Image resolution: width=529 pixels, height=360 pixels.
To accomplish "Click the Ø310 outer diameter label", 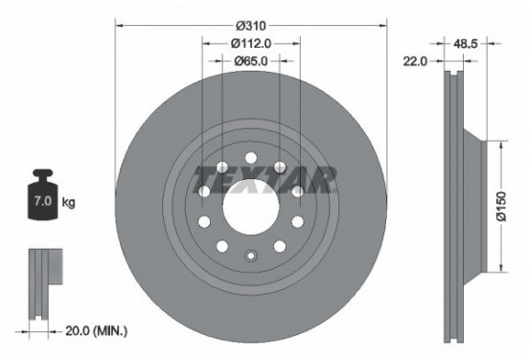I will click(252, 24).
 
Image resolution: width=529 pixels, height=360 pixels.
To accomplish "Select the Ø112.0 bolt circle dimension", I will click(252, 42).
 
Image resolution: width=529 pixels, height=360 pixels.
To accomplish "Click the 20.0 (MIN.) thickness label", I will click(95, 331).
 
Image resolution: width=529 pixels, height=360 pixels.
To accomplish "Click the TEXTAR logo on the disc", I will click(264, 177).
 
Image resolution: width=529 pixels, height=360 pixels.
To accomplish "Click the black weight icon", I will click(42, 198).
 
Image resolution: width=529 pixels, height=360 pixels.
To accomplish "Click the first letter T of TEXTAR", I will click(204, 177).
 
